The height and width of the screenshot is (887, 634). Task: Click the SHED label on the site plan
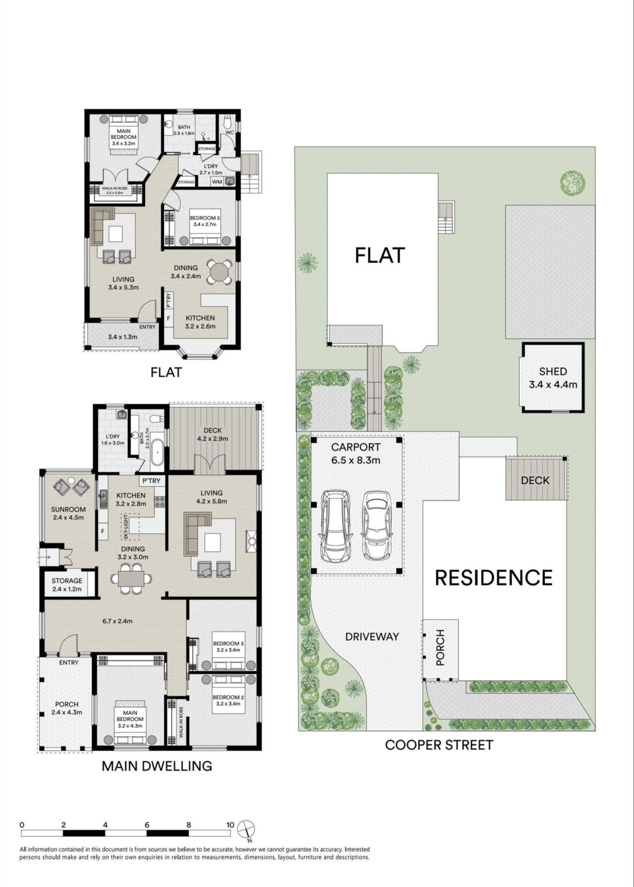coord(553,371)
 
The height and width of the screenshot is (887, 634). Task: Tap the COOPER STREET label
coord(439,745)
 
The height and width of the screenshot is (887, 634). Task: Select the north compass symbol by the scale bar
coord(246,828)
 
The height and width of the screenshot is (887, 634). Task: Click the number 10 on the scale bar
coord(230,825)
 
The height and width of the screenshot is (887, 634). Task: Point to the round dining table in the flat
coord(218,272)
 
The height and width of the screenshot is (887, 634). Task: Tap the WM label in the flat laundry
coord(217,182)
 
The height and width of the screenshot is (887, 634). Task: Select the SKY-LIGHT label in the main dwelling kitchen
coord(126,527)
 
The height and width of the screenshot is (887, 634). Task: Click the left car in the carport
coord(337,526)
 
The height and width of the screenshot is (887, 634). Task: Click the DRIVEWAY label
coord(372,637)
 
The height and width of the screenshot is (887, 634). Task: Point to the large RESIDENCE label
coord(494,578)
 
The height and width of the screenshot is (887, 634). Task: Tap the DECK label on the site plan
coord(535,480)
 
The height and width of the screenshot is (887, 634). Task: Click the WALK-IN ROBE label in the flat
coord(115,188)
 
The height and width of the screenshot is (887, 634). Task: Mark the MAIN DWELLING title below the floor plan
coord(157,766)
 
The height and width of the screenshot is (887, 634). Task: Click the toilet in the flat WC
coord(227,122)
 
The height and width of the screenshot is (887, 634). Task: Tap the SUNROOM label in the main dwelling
coord(69,509)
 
